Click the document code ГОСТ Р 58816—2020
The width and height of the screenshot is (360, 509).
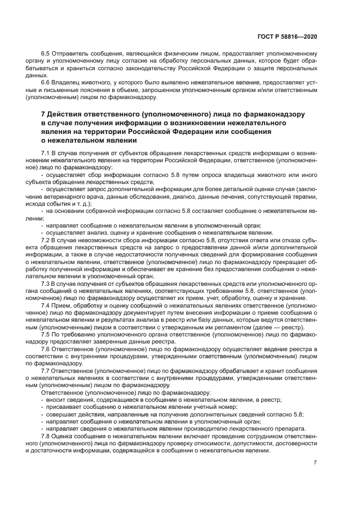pyautogui.click(x=287, y=36)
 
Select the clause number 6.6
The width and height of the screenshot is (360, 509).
pyautogui.click(x=46, y=81)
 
